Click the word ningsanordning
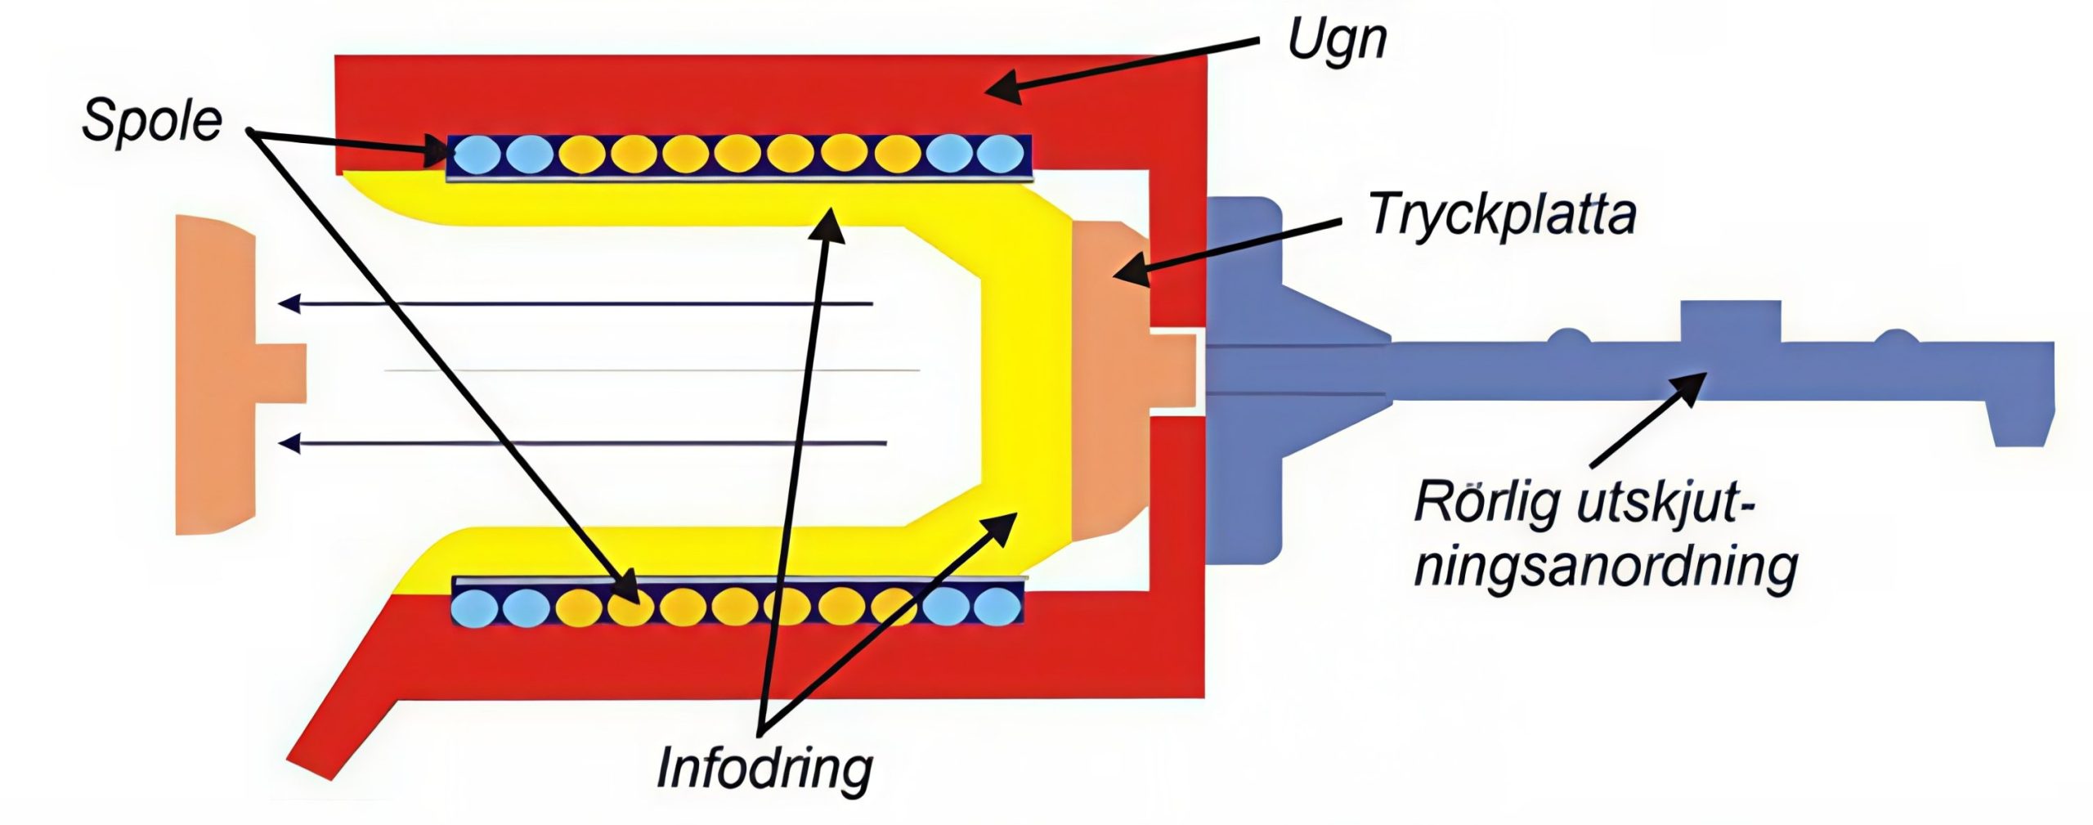coord(1606,567)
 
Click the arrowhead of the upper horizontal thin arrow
coord(288,304)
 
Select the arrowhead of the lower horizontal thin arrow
coord(288,444)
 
